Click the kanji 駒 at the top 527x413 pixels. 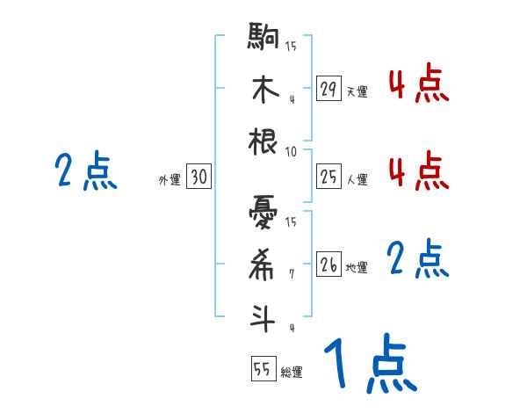click(263, 40)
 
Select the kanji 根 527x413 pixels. click(263, 141)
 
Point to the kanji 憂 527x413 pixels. click(263, 212)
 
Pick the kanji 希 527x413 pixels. click(263, 264)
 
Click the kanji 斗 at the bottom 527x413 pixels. click(263, 316)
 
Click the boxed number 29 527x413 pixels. click(328, 89)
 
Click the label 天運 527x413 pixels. click(357, 91)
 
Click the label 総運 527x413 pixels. click(292, 372)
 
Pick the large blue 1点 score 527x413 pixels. click(370, 365)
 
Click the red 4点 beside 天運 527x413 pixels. click(418, 86)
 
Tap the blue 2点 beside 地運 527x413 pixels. click(418, 259)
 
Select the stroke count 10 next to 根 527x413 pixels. click(291, 151)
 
